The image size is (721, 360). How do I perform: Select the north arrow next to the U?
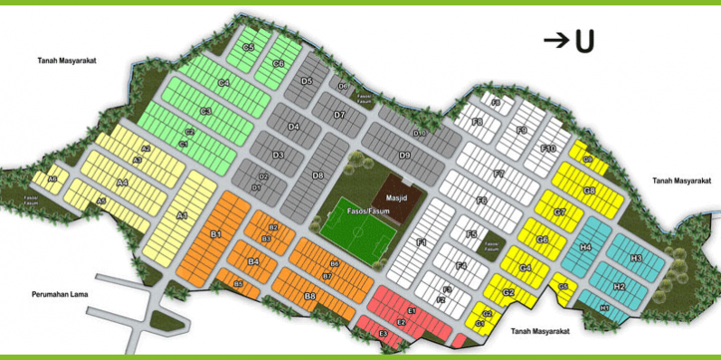click(x=555, y=41)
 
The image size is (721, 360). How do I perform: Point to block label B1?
click(x=216, y=234)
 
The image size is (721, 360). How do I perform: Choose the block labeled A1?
click(x=182, y=215)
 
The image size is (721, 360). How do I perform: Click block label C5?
click(x=249, y=47)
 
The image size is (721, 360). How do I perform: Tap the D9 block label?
click(x=404, y=156)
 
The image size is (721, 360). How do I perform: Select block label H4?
click(x=585, y=247)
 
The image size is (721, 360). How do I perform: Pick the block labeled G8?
click(x=589, y=191)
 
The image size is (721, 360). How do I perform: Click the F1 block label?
click(x=421, y=242)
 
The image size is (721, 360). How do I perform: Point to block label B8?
click(x=309, y=296)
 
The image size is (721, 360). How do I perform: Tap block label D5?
click(x=307, y=81)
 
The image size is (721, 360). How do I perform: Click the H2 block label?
click(x=619, y=287)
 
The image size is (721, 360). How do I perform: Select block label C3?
click(x=205, y=111)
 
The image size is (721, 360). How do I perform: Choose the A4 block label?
click(x=123, y=183)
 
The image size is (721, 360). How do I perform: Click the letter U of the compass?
click(x=583, y=42)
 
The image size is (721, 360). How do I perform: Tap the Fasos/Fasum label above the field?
click(x=368, y=209)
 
